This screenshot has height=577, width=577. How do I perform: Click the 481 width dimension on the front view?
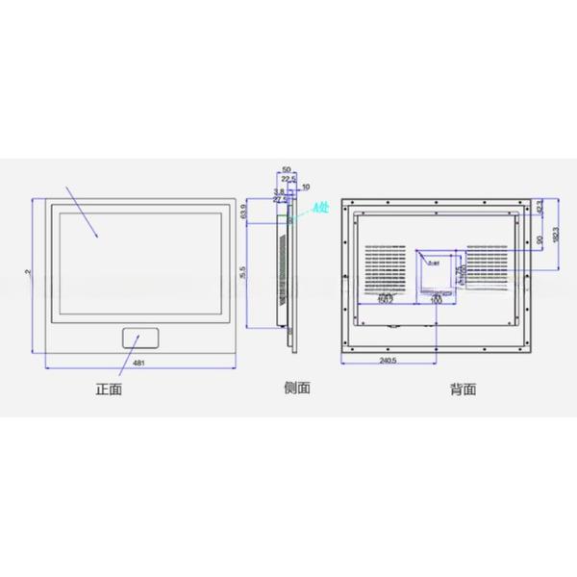(x=138, y=363)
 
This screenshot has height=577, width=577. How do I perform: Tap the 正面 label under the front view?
(x=109, y=389)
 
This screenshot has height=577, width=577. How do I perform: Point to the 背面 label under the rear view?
(x=463, y=389)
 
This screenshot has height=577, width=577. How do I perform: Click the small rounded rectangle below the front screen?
(x=141, y=338)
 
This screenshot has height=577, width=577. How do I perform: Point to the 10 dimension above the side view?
(x=306, y=186)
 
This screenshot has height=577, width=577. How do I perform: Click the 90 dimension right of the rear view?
(x=541, y=238)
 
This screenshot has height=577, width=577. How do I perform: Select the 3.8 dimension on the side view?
(x=279, y=192)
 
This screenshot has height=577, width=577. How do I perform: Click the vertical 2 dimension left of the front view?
(x=29, y=274)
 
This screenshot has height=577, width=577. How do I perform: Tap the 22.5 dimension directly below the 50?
(x=288, y=178)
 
